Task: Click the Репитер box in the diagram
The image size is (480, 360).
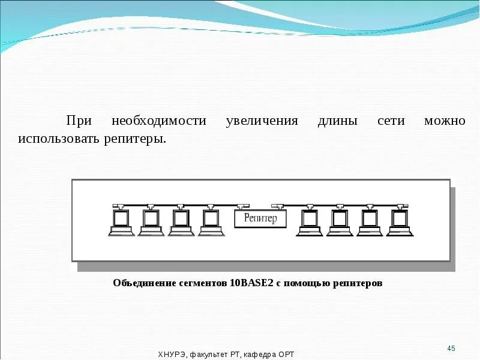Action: (x=260, y=218)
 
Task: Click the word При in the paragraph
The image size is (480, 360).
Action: (x=79, y=121)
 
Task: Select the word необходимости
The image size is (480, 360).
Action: (x=159, y=121)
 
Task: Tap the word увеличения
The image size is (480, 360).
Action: (x=262, y=121)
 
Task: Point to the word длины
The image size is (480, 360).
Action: (x=337, y=121)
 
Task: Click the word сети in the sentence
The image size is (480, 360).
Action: (x=391, y=121)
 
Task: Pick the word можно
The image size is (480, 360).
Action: (x=445, y=121)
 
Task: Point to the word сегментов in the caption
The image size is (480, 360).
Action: (x=200, y=283)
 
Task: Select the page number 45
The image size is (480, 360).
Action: (x=452, y=349)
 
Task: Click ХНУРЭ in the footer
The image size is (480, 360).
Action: (x=172, y=355)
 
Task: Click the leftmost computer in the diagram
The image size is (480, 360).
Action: (x=121, y=220)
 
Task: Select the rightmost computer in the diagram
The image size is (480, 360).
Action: (x=398, y=220)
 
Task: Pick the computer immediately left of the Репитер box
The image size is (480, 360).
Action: (x=211, y=220)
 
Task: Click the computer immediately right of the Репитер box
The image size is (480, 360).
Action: (x=309, y=220)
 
